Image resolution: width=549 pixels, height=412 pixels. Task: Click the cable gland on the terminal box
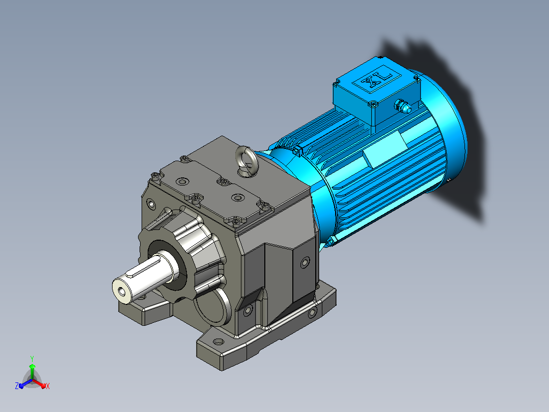point(403,106)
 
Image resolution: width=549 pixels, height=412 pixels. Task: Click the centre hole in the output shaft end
point(122,291)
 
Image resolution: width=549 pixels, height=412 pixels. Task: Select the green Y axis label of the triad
point(32,358)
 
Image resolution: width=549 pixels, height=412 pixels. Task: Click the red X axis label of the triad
point(48,386)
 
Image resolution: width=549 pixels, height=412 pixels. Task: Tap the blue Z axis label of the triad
point(16,386)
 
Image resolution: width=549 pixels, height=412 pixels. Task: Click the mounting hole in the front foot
point(218,342)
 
